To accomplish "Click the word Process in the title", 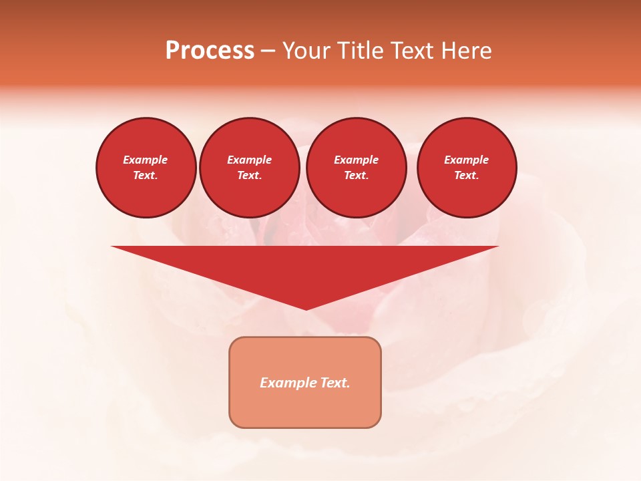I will click(x=210, y=51).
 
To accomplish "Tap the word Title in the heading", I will click(x=361, y=51).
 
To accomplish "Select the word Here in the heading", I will click(x=466, y=51).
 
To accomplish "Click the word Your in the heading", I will click(x=306, y=51).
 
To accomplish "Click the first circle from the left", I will click(x=146, y=168).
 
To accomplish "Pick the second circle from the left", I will click(x=250, y=168).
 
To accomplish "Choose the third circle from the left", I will click(x=356, y=168).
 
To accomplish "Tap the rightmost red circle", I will click(x=467, y=168).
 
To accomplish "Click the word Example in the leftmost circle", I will click(x=146, y=160).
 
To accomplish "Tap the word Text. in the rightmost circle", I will click(x=467, y=175).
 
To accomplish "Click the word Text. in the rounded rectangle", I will click(x=335, y=383).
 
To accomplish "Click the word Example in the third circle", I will click(x=356, y=160).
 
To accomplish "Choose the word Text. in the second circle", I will click(x=250, y=175).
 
